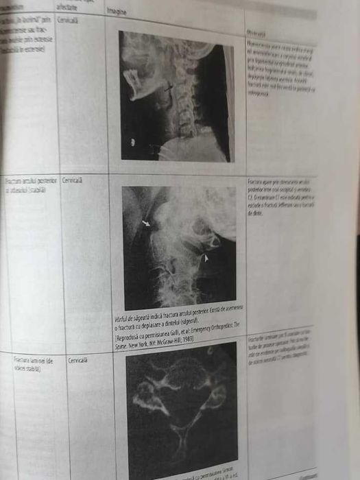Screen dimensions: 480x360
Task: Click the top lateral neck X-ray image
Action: click(x=176, y=96)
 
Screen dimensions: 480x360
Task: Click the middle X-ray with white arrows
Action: click(x=180, y=247)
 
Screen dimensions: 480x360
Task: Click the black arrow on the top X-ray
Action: click(x=169, y=87)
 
